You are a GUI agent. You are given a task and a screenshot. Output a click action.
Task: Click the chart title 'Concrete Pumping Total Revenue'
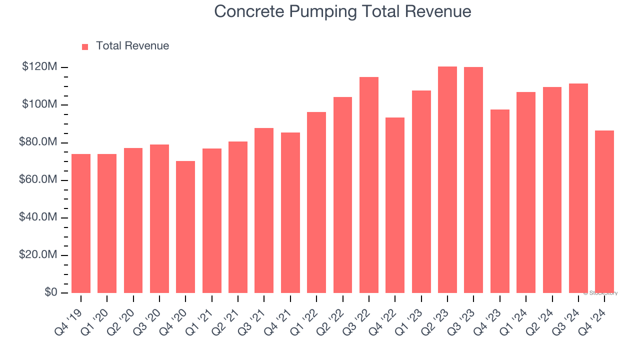tap(342, 11)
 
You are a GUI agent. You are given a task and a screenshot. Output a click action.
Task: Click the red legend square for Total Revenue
tap(85, 46)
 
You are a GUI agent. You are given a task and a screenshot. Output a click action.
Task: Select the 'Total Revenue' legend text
tap(132, 46)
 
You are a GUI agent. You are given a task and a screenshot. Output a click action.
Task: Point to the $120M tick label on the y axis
tap(39, 67)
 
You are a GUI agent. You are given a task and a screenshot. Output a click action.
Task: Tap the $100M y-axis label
tap(39, 104)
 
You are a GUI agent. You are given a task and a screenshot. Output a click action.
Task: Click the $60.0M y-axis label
tap(38, 180)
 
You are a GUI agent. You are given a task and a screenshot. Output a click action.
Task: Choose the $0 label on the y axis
tap(51, 292)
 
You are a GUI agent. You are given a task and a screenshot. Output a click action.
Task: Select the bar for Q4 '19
tap(81, 223)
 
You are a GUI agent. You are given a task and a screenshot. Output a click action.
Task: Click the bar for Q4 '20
tap(185, 227)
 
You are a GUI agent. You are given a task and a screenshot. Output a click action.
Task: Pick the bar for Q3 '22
tap(369, 185)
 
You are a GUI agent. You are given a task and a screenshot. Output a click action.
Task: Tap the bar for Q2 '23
tap(447, 180)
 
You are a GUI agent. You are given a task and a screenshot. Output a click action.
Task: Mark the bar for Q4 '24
tap(604, 211)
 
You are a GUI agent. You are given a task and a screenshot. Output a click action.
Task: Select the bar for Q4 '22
tap(395, 205)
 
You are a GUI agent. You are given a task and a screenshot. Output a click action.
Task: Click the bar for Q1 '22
tap(316, 202)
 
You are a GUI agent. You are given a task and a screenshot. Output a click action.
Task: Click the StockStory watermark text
tap(600, 293)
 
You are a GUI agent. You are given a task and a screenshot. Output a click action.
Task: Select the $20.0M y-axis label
tap(38, 255)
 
